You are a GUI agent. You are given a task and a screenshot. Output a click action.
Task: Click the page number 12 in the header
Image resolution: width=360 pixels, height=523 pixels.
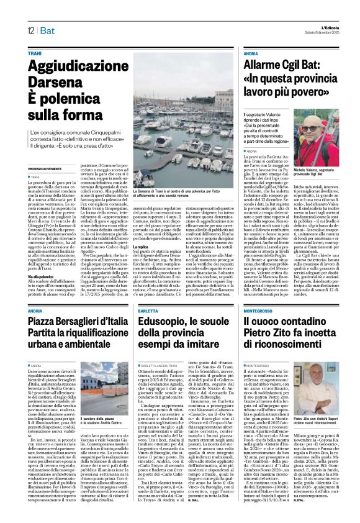click(x=30, y=31)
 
